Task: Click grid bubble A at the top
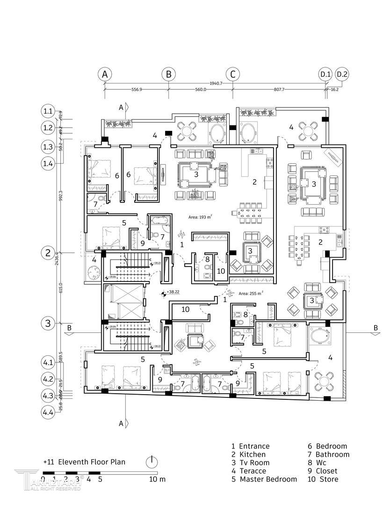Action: (105, 74)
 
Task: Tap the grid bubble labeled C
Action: (232, 74)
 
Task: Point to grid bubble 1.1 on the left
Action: (48, 111)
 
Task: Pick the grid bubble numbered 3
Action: (48, 323)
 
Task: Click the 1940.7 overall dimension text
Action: (216, 83)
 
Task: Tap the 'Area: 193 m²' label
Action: (200, 217)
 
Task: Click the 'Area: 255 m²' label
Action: (251, 294)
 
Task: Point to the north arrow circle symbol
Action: (152, 462)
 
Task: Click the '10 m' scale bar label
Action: (157, 479)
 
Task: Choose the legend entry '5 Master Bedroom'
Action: (264, 479)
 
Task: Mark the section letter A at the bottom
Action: (121, 424)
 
